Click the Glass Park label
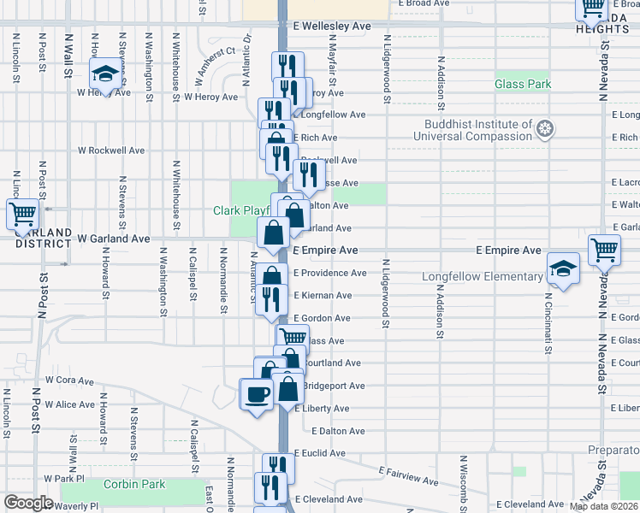click(523, 84)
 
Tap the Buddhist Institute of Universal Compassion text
click(478, 130)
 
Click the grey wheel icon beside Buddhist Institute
click(545, 130)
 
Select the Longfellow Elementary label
click(483, 277)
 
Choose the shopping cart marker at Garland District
click(22, 214)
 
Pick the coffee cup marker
click(256, 395)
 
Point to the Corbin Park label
click(133, 485)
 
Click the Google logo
click(28, 503)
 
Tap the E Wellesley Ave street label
click(332, 27)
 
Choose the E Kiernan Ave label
click(323, 296)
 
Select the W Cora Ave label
click(69, 380)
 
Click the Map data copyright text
click(604, 506)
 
